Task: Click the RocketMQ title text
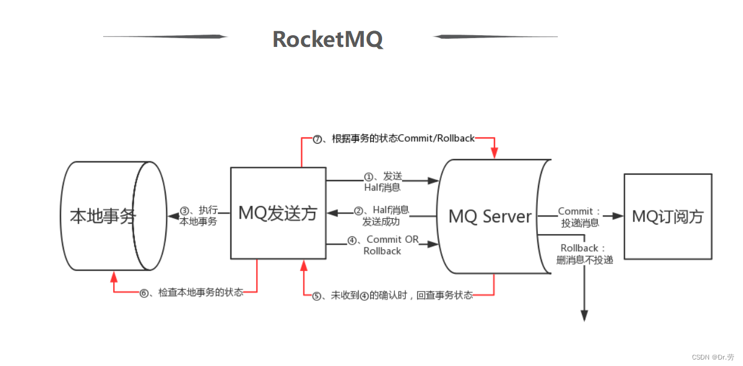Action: click(x=328, y=39)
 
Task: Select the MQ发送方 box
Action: click(x=278, y=213)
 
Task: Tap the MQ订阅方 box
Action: click(x=667, y=216)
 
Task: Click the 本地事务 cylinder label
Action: click(x=103, y=216)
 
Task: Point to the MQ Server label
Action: click(x=490, y=216)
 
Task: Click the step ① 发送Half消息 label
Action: click(x=383, y=181)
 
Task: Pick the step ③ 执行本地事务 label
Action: click(x=198, y=216)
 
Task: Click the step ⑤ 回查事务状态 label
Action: click(x=393, y=296)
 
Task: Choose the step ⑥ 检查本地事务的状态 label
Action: click(x=191, y=292)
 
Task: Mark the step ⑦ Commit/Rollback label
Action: click(x=394, y=139)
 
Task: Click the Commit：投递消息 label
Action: click(x=580, y=216)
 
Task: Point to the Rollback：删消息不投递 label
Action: click(x=584, y=253)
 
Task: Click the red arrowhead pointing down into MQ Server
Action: click(x=495, y=152)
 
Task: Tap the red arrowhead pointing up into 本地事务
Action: click(x=114, y=276)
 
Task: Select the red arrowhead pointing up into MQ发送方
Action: click(x=304, y=266)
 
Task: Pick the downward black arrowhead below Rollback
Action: click(x=584, y=315)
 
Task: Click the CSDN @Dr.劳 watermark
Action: click(x=713, y=357)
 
